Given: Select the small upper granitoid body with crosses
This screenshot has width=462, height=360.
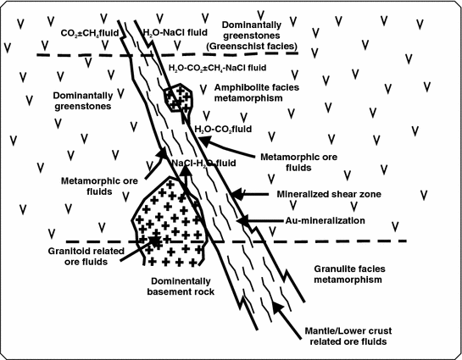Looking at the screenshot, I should [x=179, y=98].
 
